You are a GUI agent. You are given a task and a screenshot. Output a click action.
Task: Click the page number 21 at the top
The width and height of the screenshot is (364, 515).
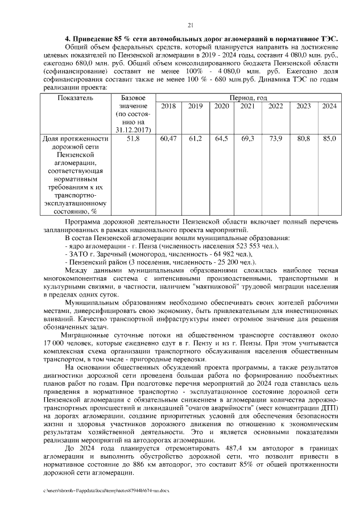coord(190,24)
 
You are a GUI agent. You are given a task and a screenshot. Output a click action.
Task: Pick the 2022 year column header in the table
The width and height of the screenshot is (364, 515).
coord(275,106)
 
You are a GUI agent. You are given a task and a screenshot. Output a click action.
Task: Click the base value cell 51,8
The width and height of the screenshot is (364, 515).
coord(134,138)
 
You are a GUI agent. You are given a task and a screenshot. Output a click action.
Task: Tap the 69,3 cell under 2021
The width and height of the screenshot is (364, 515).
coord(247,138)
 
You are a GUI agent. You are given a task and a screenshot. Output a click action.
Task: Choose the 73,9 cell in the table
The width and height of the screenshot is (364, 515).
coord(275,138)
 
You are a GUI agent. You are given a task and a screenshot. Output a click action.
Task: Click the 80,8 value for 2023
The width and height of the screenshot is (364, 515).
coord(304,138)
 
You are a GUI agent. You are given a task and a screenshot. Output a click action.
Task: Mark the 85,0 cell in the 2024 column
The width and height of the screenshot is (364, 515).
coord(329,138)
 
